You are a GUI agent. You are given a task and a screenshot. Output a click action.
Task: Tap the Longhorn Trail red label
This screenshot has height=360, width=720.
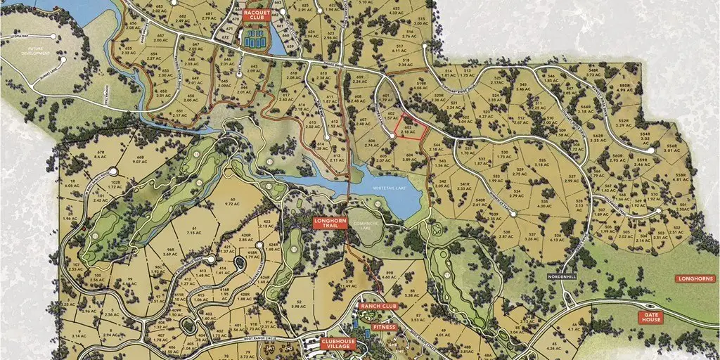[327, 224]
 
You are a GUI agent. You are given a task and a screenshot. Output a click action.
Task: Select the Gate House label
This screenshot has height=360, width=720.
[650, 318]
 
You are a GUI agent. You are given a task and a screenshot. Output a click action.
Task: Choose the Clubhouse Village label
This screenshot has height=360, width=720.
[338, 345]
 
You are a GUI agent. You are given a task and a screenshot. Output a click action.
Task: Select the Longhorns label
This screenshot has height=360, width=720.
[695, 278]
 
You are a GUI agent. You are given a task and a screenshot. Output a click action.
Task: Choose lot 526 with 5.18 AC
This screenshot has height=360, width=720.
[542, 163]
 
